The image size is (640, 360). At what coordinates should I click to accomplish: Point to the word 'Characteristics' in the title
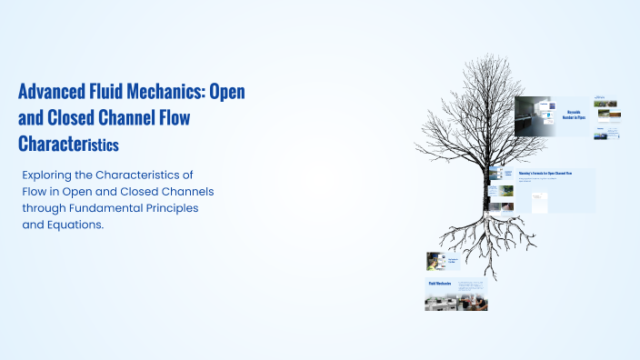[x=69, y=144]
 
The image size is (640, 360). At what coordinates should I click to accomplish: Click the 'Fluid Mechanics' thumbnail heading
[x=440, y=284]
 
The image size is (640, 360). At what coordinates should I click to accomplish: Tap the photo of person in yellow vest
[x=434, y=261]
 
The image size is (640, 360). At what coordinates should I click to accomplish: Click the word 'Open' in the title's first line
[x=227, y=93]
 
